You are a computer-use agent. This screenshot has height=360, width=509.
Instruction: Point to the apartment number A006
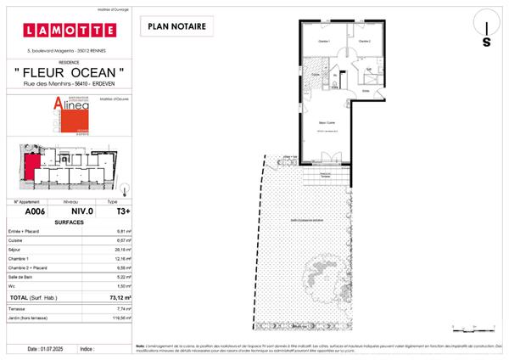coord(34,212)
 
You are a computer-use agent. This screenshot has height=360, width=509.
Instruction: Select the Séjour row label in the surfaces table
coord(15,250)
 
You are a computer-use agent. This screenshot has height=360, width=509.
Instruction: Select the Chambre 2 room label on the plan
coord(365,41)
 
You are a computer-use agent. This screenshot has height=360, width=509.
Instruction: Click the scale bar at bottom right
coord(470,326)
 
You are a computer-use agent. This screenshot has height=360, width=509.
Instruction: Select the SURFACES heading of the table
coord(68,222)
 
